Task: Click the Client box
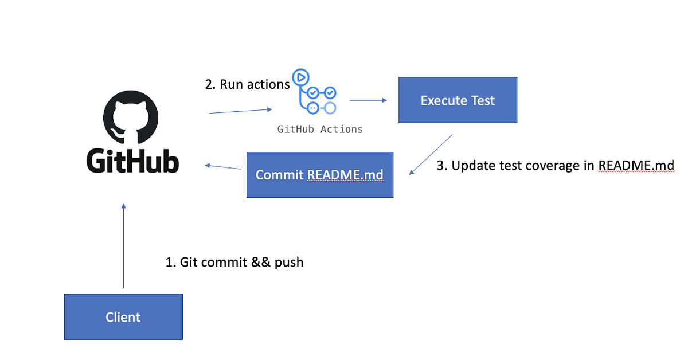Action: point(123,316)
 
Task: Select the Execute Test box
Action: point(458,100)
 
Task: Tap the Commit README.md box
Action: point(320,175)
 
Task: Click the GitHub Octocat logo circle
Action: point(131,118)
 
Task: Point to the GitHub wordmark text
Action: point(132,161)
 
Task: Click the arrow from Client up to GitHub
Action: point(123,246)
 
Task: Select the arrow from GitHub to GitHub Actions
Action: point(241,111)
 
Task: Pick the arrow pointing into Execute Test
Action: point(368,100)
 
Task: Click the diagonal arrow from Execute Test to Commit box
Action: point(431,155)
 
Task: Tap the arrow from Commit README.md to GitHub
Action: point(223,167)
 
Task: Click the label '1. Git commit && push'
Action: point(234,263)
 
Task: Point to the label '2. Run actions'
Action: point(247,84)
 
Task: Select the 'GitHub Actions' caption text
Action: point(320,130)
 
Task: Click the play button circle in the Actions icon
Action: point(300,77)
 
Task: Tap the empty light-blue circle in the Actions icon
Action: point(330,108)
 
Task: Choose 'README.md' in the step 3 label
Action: point(636,166)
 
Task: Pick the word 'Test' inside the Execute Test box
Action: point(483,100)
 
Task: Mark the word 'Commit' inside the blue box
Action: point(280,175)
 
